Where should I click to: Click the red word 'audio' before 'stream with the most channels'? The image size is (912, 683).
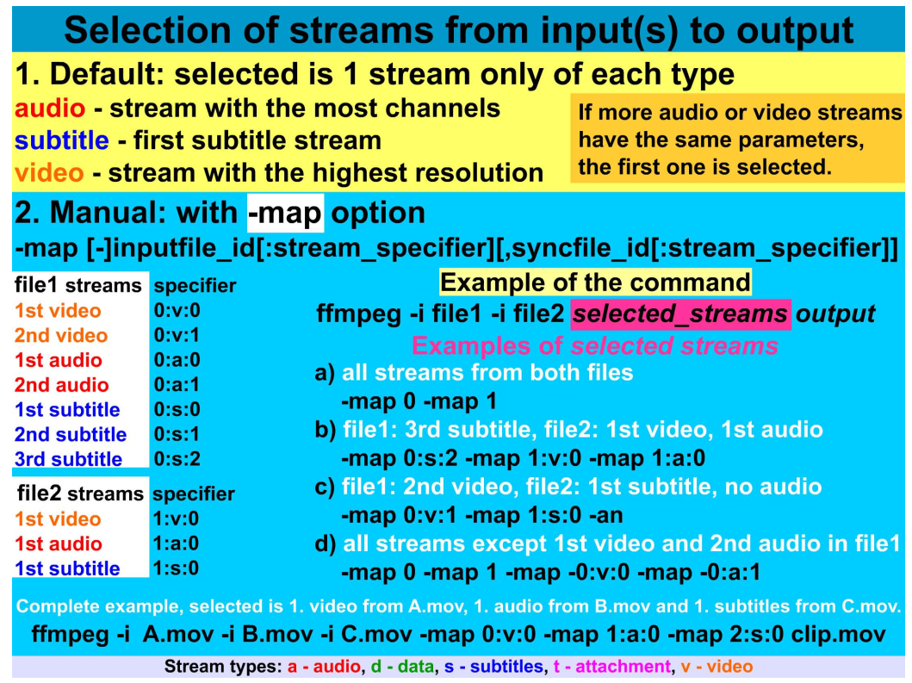point(50,109)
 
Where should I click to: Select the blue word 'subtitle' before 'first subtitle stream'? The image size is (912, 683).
point(61,140)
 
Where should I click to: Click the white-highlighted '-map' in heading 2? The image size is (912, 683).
point(285,213)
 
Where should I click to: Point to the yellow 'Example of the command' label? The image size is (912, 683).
point(595,283)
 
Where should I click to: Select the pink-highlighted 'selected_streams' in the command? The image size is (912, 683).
point(679,314)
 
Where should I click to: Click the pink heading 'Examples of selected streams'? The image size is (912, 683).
point(595,345)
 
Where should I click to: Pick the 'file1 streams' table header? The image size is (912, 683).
point(78,285)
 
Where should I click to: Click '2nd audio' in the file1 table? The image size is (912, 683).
point(62,385)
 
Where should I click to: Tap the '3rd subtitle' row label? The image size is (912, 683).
point(68,459)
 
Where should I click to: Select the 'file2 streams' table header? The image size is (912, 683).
point(79,494)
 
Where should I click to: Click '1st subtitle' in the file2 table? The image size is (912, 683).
point(67,568)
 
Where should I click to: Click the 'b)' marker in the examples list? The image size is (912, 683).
point(326,429)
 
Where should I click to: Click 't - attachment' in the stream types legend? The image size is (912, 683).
point(611,666)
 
